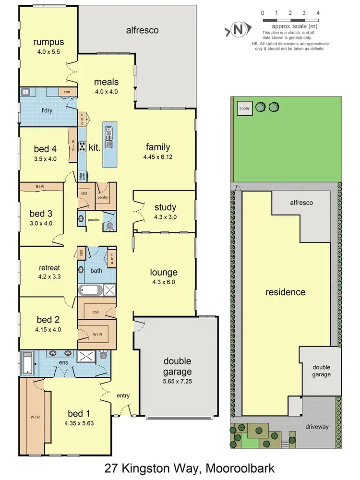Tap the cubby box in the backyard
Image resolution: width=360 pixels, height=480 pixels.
coord(244,109)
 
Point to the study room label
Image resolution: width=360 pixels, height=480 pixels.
coord(165,207)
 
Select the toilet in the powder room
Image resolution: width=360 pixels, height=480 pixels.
coord(109,226)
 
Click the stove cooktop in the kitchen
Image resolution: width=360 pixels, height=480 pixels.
coord(82,147)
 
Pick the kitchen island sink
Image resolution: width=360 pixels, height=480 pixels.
coord(109,130)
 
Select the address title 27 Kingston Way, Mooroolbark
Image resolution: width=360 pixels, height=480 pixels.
coord(180,467)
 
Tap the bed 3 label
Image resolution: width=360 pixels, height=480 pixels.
coord(41,214)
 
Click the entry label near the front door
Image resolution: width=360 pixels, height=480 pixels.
coord(123,395)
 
